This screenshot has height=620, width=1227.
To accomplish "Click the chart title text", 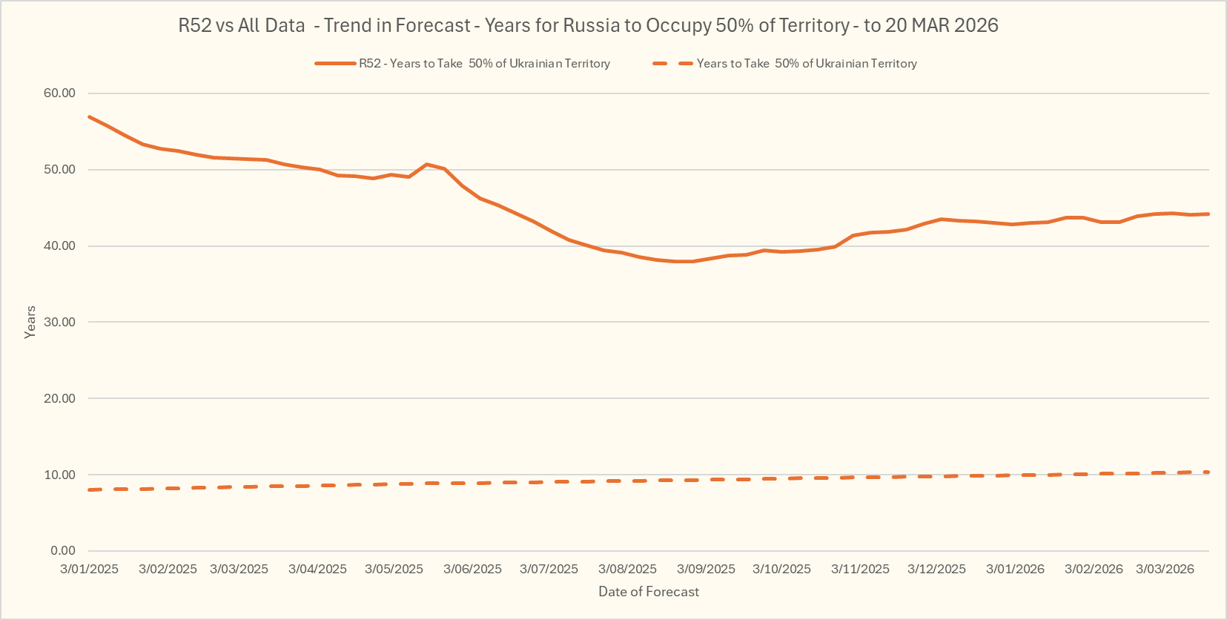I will [x=588, y=25].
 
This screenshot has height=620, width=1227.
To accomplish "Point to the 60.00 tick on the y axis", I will [x=59, y=93].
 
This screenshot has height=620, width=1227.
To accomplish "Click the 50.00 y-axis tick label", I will [x=59, y=169].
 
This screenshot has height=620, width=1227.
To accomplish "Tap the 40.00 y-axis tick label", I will [x=59, y=245].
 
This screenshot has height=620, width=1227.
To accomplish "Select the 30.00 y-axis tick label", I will [x=59, y=322].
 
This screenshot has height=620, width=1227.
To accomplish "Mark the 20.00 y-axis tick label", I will [x=59, y=398].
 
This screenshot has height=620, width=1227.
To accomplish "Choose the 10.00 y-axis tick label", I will [x=59, y=475].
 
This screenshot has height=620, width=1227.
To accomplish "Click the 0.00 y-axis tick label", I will [x=63, y=550].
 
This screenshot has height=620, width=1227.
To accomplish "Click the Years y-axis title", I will [x=30, y=322].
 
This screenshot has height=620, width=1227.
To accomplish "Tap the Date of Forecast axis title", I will [x=649, y=592].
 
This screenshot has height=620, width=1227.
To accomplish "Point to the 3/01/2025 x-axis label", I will [x=89, y=569].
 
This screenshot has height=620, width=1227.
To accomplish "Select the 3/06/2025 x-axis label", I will [x=472, y=569].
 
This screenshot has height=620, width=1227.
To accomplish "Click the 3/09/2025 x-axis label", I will [x=706, y=569].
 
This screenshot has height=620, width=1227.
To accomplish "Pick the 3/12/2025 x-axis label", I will [x=936, y=569].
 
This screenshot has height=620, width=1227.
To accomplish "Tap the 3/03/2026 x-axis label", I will [x=1165, y=569].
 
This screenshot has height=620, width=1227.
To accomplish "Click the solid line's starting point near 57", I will [x=90, y=117].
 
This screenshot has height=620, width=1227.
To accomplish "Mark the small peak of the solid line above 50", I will [x=426, y=165].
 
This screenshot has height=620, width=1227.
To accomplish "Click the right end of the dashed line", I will [x=1208, y=472].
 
